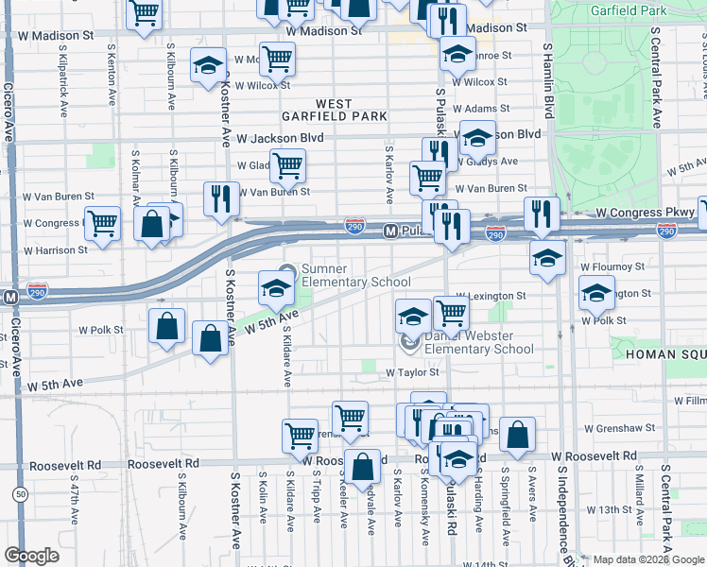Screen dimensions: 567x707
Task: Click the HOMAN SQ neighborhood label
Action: tap(663, 353)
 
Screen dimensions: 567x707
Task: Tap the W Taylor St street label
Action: tap(414, 373)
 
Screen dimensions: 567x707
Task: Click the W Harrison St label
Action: tap(56, 250)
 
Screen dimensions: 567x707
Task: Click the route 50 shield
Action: tap(20, 493)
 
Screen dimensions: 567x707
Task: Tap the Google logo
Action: tap(32, 556)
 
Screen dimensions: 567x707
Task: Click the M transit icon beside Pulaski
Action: tap(388, 232)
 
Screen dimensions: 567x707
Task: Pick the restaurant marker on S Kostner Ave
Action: tap(221, 199)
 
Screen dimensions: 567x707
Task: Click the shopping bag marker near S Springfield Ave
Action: tap(518, 435)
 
